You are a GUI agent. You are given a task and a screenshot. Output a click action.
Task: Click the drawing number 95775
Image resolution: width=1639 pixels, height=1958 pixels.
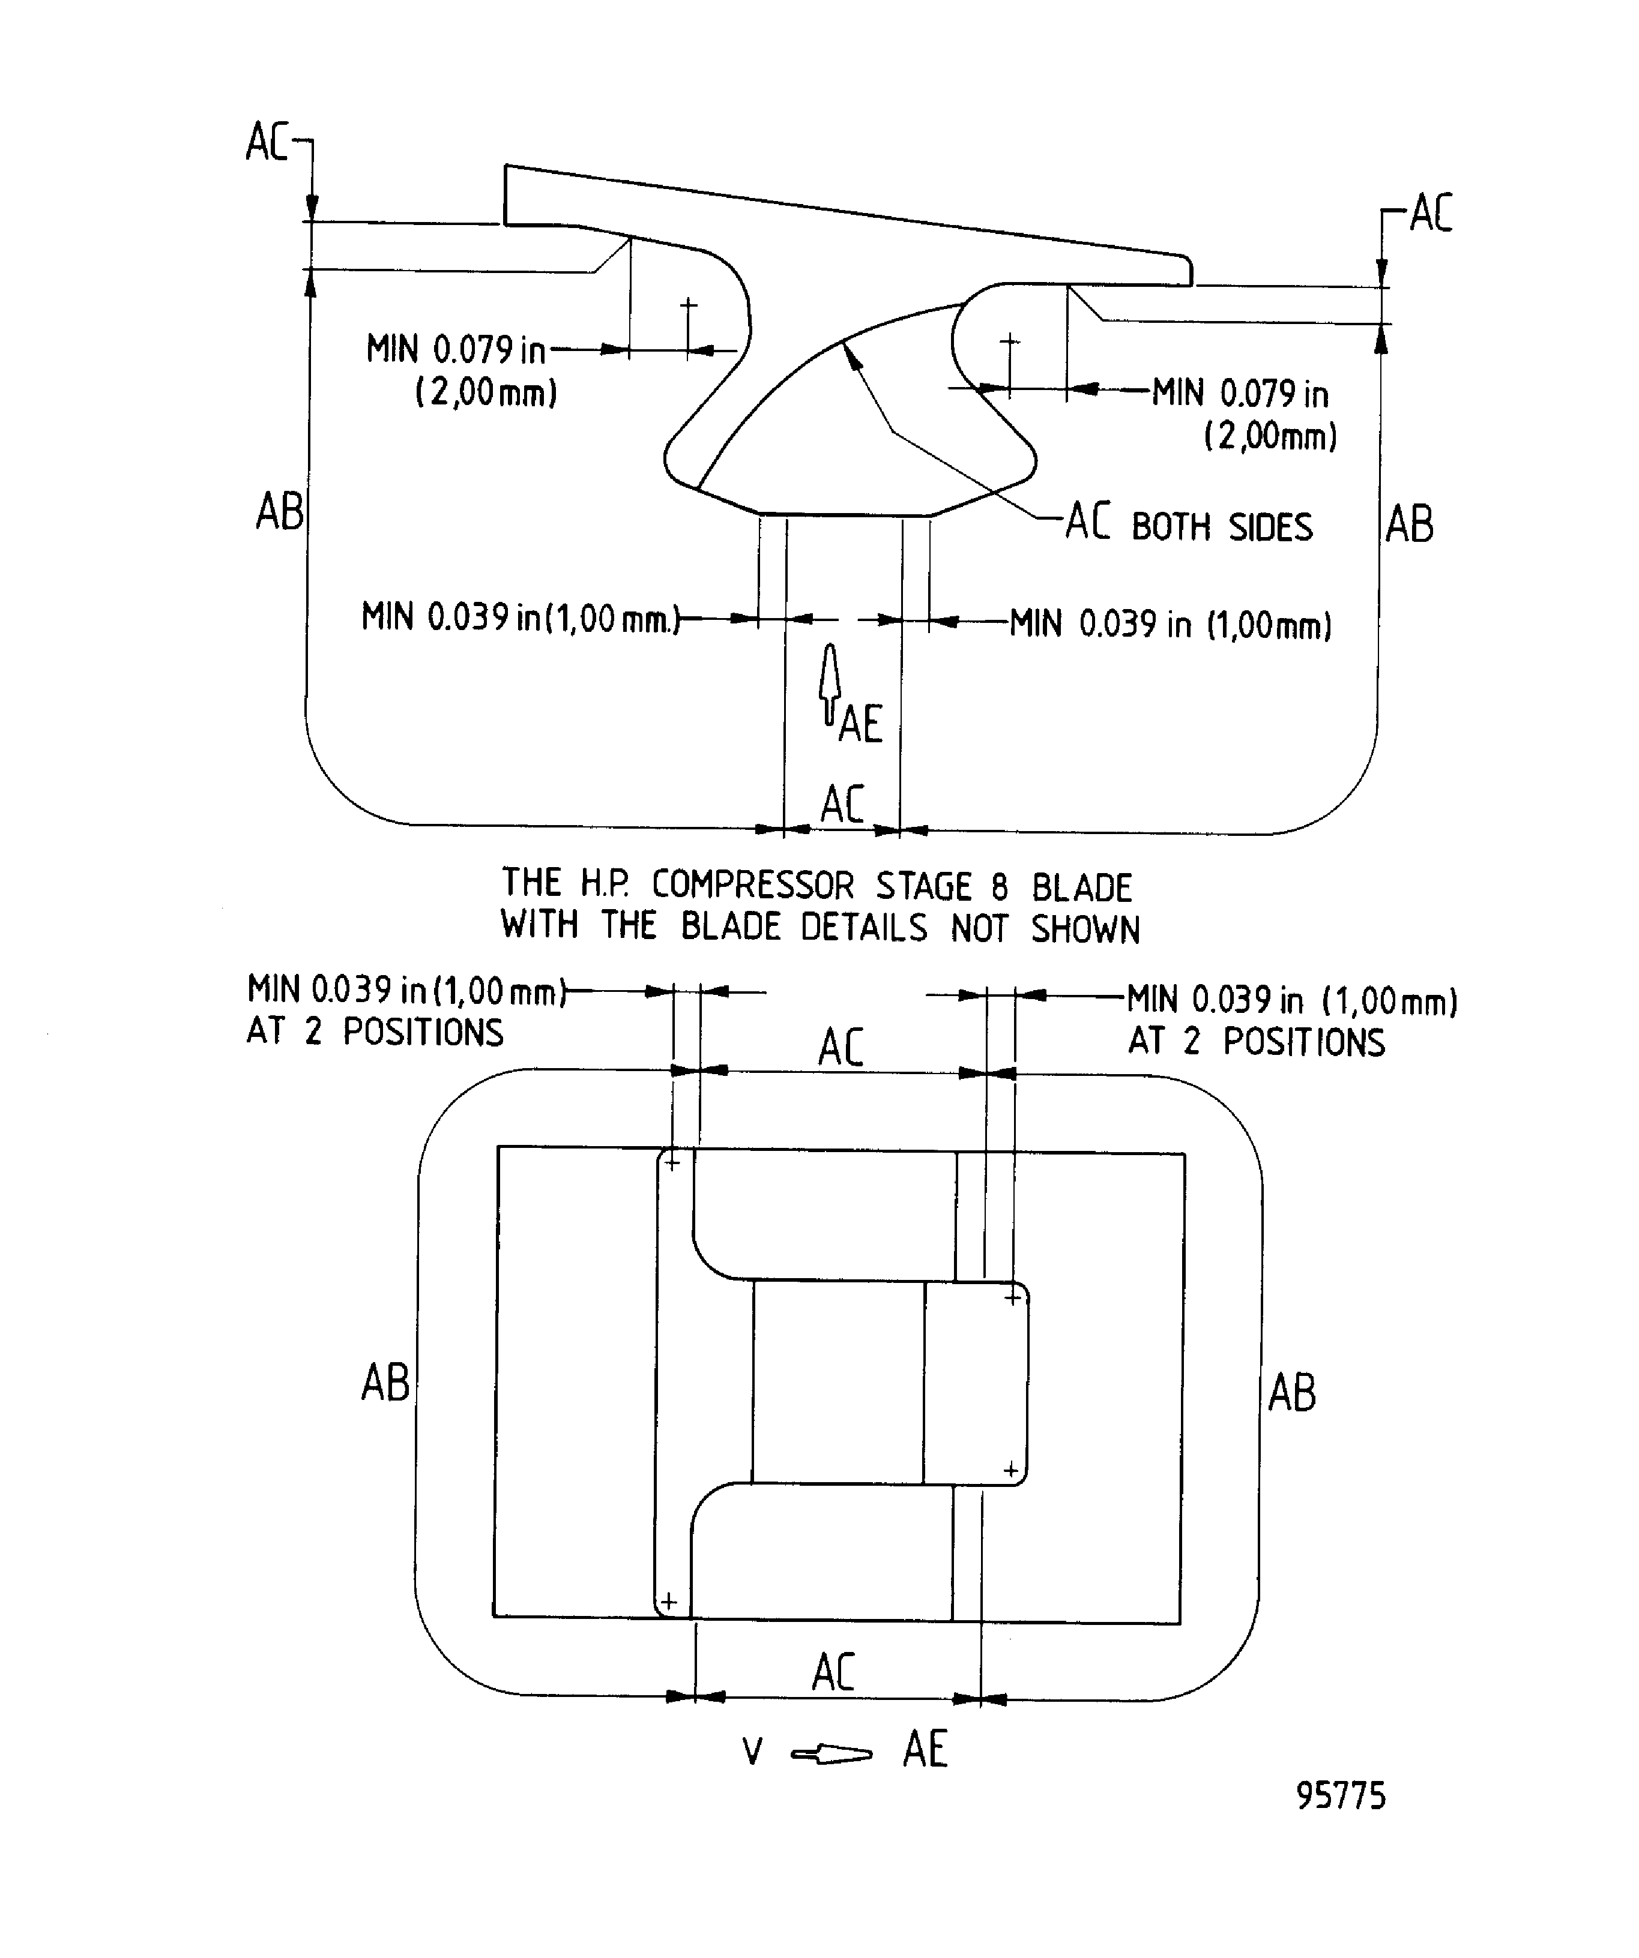coord(1341,1795)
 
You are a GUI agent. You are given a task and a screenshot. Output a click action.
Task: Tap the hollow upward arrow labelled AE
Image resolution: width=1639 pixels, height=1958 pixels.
coord(829,683)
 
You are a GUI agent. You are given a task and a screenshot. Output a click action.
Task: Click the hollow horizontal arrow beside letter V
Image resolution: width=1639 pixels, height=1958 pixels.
coord(831,1755)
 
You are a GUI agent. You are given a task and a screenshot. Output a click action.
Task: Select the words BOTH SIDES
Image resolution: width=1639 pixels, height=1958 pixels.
coord(1222,527)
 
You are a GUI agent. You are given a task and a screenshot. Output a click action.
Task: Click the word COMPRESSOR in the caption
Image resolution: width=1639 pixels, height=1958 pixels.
coord(752,885)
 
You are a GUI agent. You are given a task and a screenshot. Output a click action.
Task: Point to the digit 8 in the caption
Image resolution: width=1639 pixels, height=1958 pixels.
coord(999,887)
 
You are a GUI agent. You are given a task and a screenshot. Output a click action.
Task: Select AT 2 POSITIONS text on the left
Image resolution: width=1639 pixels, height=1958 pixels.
coord(375,1032)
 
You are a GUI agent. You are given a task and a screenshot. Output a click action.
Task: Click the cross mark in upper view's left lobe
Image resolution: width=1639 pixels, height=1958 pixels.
coord(689,305)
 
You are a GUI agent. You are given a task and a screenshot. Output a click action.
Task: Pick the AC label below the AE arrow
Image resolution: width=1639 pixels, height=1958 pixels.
coord(842,803)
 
